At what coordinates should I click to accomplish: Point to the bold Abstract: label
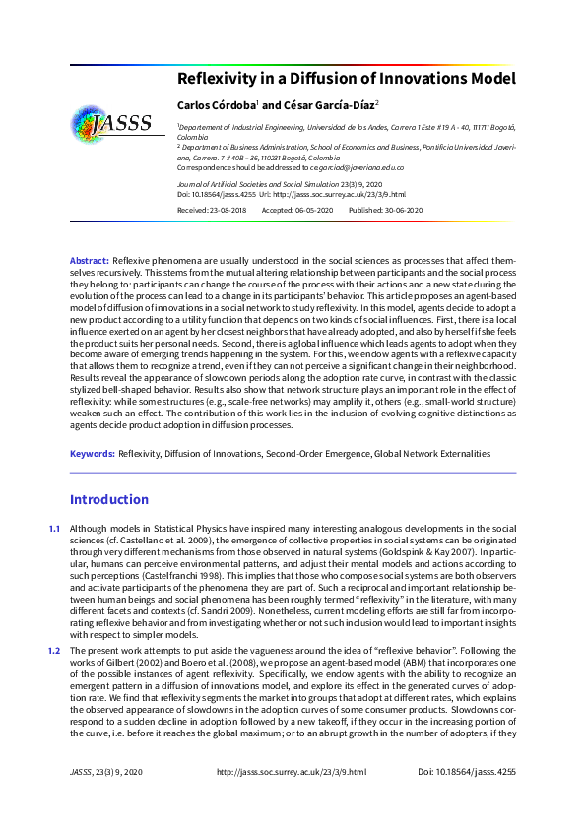(89, 259)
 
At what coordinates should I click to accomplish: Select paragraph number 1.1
(54, 530)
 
